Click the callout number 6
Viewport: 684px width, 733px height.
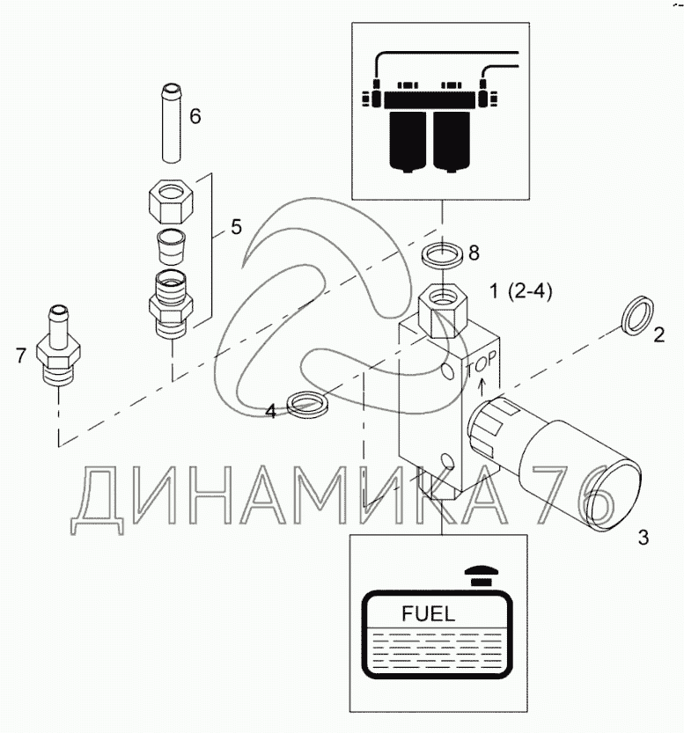click(195, 115)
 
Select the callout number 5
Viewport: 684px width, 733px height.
click(236, 226)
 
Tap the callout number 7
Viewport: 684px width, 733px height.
click(21, 355)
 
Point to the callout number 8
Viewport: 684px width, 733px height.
click(474, 253)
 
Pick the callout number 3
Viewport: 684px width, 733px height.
click(643, 536)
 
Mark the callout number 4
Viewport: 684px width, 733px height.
click(271, 410)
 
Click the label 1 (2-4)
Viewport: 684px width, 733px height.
click(520, 291)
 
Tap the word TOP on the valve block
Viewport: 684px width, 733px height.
click(481, 362)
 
